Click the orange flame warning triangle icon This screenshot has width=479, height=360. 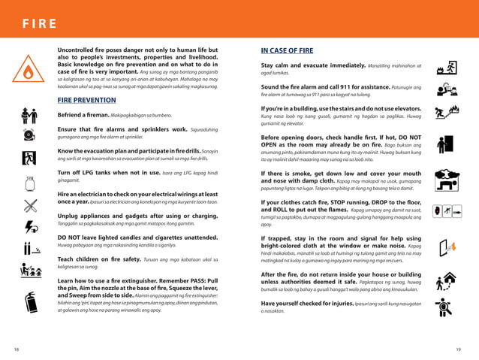pyautogui.click(x=29, y=71)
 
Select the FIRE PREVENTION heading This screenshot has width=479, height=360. pyautogui.click(x=86, y=99)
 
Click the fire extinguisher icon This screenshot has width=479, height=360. pyautogui.click(x=30, y=303)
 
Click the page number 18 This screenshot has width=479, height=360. pyautogui.click(x=16, y=349)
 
